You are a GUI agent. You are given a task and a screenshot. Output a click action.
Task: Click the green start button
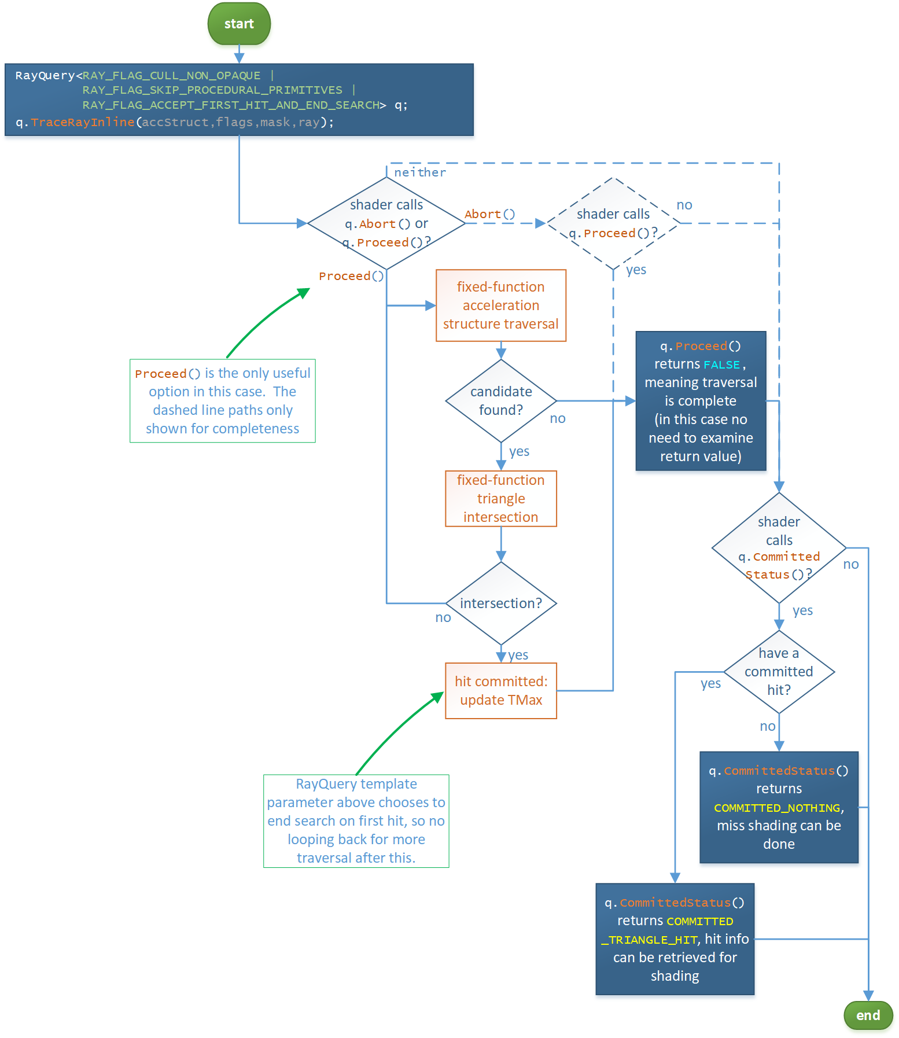(x=239, y=24)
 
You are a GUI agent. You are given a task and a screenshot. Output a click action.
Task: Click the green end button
(x=868, y=1015)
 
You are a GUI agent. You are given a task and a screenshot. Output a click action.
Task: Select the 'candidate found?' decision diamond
(x=501, y=401)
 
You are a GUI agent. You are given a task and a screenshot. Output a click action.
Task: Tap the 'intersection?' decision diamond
(x=501, y=603)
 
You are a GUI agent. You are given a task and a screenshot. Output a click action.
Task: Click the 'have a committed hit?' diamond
(x=779, y=672)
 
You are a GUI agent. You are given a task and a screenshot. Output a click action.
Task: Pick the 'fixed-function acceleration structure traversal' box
(x=501, y=305)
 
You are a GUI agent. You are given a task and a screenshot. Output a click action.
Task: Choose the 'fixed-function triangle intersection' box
(x=501, y=499)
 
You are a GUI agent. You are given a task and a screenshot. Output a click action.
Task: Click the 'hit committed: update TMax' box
(x=501, y=691)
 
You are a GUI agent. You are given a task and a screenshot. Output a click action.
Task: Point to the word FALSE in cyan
(x=721, y=365)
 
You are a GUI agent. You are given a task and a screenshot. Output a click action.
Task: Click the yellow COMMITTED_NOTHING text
(x=777, y=808)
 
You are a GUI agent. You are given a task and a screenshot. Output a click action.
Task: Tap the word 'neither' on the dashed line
(x=420, y=172)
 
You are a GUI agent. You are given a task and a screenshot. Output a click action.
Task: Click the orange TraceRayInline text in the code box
(x=83, y=122)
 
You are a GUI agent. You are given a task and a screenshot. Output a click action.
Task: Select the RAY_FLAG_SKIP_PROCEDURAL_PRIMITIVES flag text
(x=212, y=90)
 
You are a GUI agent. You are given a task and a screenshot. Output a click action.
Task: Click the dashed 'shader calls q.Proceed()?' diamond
(x=613, y=223)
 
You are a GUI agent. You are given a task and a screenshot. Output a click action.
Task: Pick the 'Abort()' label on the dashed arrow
(x=489, y=214)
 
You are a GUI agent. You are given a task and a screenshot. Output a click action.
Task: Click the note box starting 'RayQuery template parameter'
(x=356, y=821)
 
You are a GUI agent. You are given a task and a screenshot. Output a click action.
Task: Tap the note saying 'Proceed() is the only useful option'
(x=223, y=401)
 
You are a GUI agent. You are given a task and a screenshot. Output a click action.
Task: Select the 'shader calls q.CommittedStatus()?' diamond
(x=779, y=548)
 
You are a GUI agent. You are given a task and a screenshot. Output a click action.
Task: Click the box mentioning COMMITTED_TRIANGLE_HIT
(x=675, y=939)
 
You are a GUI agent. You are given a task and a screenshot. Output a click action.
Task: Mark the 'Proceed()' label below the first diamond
(x=351, y=276)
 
